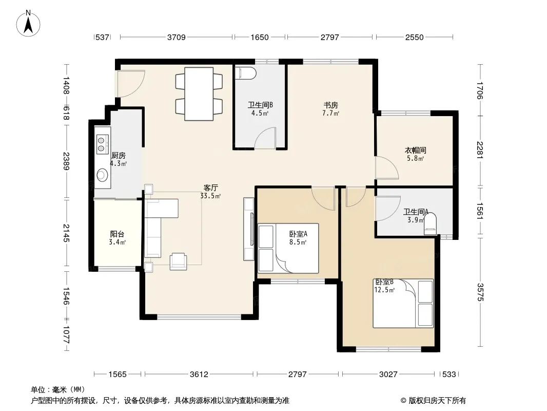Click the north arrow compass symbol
coord(28,24)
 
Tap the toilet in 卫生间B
coord(246,73)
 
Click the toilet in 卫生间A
coord(430,225)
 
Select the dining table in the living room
coord(199,94)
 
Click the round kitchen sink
coord(102,175)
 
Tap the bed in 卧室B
coord(403,303)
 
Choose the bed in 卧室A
coord(288,248)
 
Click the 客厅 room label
coord(211,188)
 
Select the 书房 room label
coord(330,105)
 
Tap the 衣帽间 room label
coord(415,150)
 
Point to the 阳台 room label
coord(117,234)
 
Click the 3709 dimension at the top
coord(176,37)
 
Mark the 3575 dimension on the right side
coord(480,292)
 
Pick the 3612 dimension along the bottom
coord(199,375)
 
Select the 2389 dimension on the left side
coord(66,161)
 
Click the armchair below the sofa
coord(178,261)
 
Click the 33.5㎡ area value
coord(210,196)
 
